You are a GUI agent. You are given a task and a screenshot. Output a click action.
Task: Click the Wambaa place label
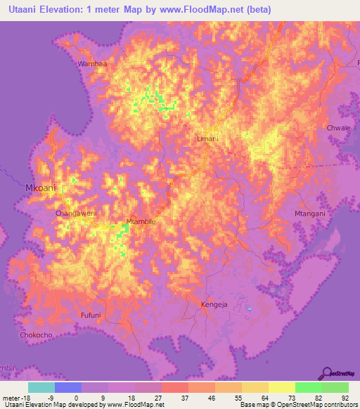pyautogui.click(x=92, y=64)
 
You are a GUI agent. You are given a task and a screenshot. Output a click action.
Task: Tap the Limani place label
pyautogui.click(x=207, y=139)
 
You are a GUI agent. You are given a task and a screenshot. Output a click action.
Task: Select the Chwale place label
pyautogui.click(x=338, y=128)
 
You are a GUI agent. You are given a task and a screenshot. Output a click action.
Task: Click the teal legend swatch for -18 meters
pyautogui.click(x=41, y=387)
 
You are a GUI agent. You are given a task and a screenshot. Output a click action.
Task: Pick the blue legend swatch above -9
pyautogui.click(x=67, y=387)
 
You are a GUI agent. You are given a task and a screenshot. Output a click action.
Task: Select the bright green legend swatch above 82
pyautogui.click(x=308, y=387)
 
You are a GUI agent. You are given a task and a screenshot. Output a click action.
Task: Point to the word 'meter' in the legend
pyautogui.click(x=11, y=397)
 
